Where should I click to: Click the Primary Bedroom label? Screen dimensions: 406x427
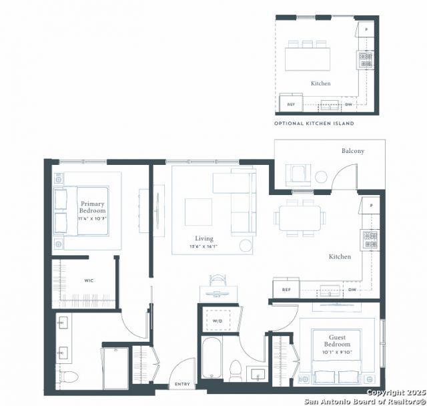93,206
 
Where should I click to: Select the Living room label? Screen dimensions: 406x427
204,238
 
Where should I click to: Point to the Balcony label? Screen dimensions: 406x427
353,151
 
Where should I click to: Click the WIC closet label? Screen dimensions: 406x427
89,280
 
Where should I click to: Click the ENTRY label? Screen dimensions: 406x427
181,385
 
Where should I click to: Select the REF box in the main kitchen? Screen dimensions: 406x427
286,289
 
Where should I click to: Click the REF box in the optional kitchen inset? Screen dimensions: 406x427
291,104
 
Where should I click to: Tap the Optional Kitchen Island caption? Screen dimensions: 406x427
314,124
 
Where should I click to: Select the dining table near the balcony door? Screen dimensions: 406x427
300,218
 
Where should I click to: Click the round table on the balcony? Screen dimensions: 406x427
322,177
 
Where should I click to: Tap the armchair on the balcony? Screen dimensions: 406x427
295,175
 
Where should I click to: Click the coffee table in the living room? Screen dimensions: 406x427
198,212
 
